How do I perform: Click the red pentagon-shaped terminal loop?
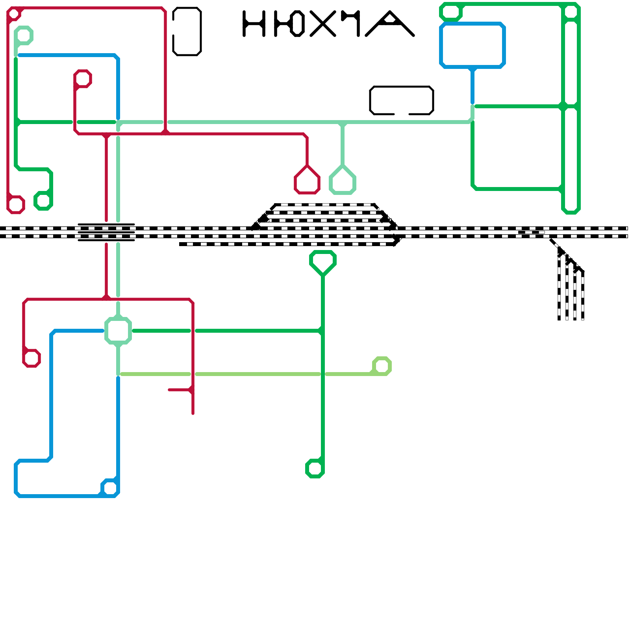[307, 181]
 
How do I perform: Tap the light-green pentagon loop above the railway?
[343, 181]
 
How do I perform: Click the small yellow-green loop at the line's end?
[382, 366]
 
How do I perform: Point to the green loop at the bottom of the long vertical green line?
[315, 469]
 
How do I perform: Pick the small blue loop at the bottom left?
[110, 488]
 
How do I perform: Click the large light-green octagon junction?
[118, 331]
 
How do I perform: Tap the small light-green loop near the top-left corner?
[24, 35]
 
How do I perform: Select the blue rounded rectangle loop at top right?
[472, 45]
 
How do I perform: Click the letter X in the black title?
[323, 24]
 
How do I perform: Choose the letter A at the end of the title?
[390, 24]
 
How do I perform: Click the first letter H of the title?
[254, 24]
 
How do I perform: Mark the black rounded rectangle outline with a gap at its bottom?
[402, 100]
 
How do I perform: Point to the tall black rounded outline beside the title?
[187, 31]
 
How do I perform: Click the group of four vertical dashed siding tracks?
[571, 291]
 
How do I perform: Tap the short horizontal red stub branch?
[179, 390]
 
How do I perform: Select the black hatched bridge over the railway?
[106, 232]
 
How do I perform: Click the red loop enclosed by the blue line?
[83, 79]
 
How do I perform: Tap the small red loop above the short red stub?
[31, 358]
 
